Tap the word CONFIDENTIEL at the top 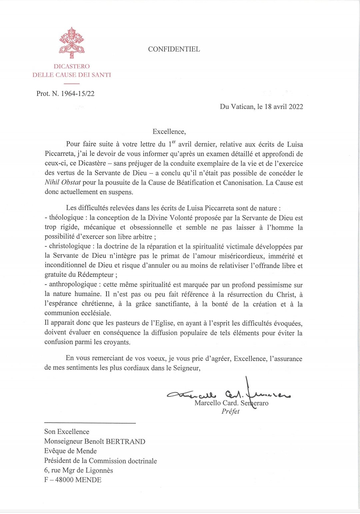pos(174,49)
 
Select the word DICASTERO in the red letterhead pos(72,66)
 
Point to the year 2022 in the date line pos(296,107)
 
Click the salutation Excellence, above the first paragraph pos(169,132)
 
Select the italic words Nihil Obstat pos(63,183)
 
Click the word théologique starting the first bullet pos(66,218)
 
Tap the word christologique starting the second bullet pos(70,246)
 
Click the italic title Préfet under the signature pos(230,412)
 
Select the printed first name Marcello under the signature pos(207,403)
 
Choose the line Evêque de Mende pos(70,451)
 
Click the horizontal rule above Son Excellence pos(90,423)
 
